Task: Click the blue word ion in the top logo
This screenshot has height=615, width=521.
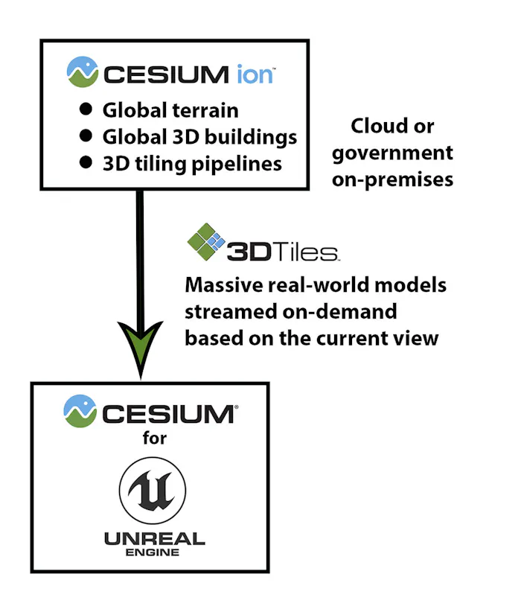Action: tap(255, 74)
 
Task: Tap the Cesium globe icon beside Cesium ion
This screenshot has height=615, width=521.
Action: tap(83, 71)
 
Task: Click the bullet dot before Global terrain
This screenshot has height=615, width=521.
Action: tap(86, 109)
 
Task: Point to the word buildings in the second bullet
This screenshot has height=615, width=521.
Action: tap(251, 138)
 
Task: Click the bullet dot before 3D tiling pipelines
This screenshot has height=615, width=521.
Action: tap(86, 162)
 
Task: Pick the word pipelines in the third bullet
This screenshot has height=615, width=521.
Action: tap(237, 165)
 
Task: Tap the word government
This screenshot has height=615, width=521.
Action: tap(392, 153)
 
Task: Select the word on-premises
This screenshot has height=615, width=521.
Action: tap(392, 180)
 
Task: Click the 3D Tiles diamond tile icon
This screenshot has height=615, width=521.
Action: tap(206, 241)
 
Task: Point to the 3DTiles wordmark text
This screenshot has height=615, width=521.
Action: tap(283, 252)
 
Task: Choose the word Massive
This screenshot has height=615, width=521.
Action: tap(223, 285)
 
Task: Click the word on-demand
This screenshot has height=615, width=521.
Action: tap(339, 312)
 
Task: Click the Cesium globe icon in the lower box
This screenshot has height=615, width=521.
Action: tap(80, 411)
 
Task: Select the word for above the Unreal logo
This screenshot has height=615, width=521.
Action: tap(155, 438)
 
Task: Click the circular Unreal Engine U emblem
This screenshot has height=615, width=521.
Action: tap(153, 490)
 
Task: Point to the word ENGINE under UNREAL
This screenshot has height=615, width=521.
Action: tap(153, 552)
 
